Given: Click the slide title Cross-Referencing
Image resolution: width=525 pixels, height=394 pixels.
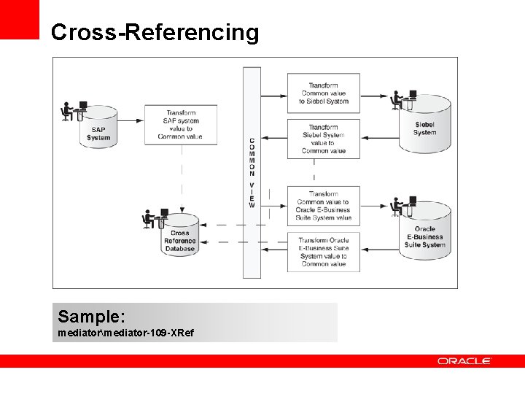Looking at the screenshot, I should [155, 33].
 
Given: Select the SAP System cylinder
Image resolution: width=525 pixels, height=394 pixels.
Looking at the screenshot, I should [98, 131].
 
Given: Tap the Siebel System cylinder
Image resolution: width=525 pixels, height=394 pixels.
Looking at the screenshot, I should [424, 125].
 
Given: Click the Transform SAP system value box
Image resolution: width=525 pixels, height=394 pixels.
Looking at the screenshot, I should [180, 125].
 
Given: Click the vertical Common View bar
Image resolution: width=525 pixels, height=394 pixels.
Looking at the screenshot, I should [252, 172].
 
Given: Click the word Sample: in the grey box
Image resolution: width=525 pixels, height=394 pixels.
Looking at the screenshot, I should [92, 317].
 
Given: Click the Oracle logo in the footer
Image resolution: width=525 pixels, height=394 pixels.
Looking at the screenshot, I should [464, 361].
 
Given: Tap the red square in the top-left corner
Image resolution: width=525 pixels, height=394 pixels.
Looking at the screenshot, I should [19, 19].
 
